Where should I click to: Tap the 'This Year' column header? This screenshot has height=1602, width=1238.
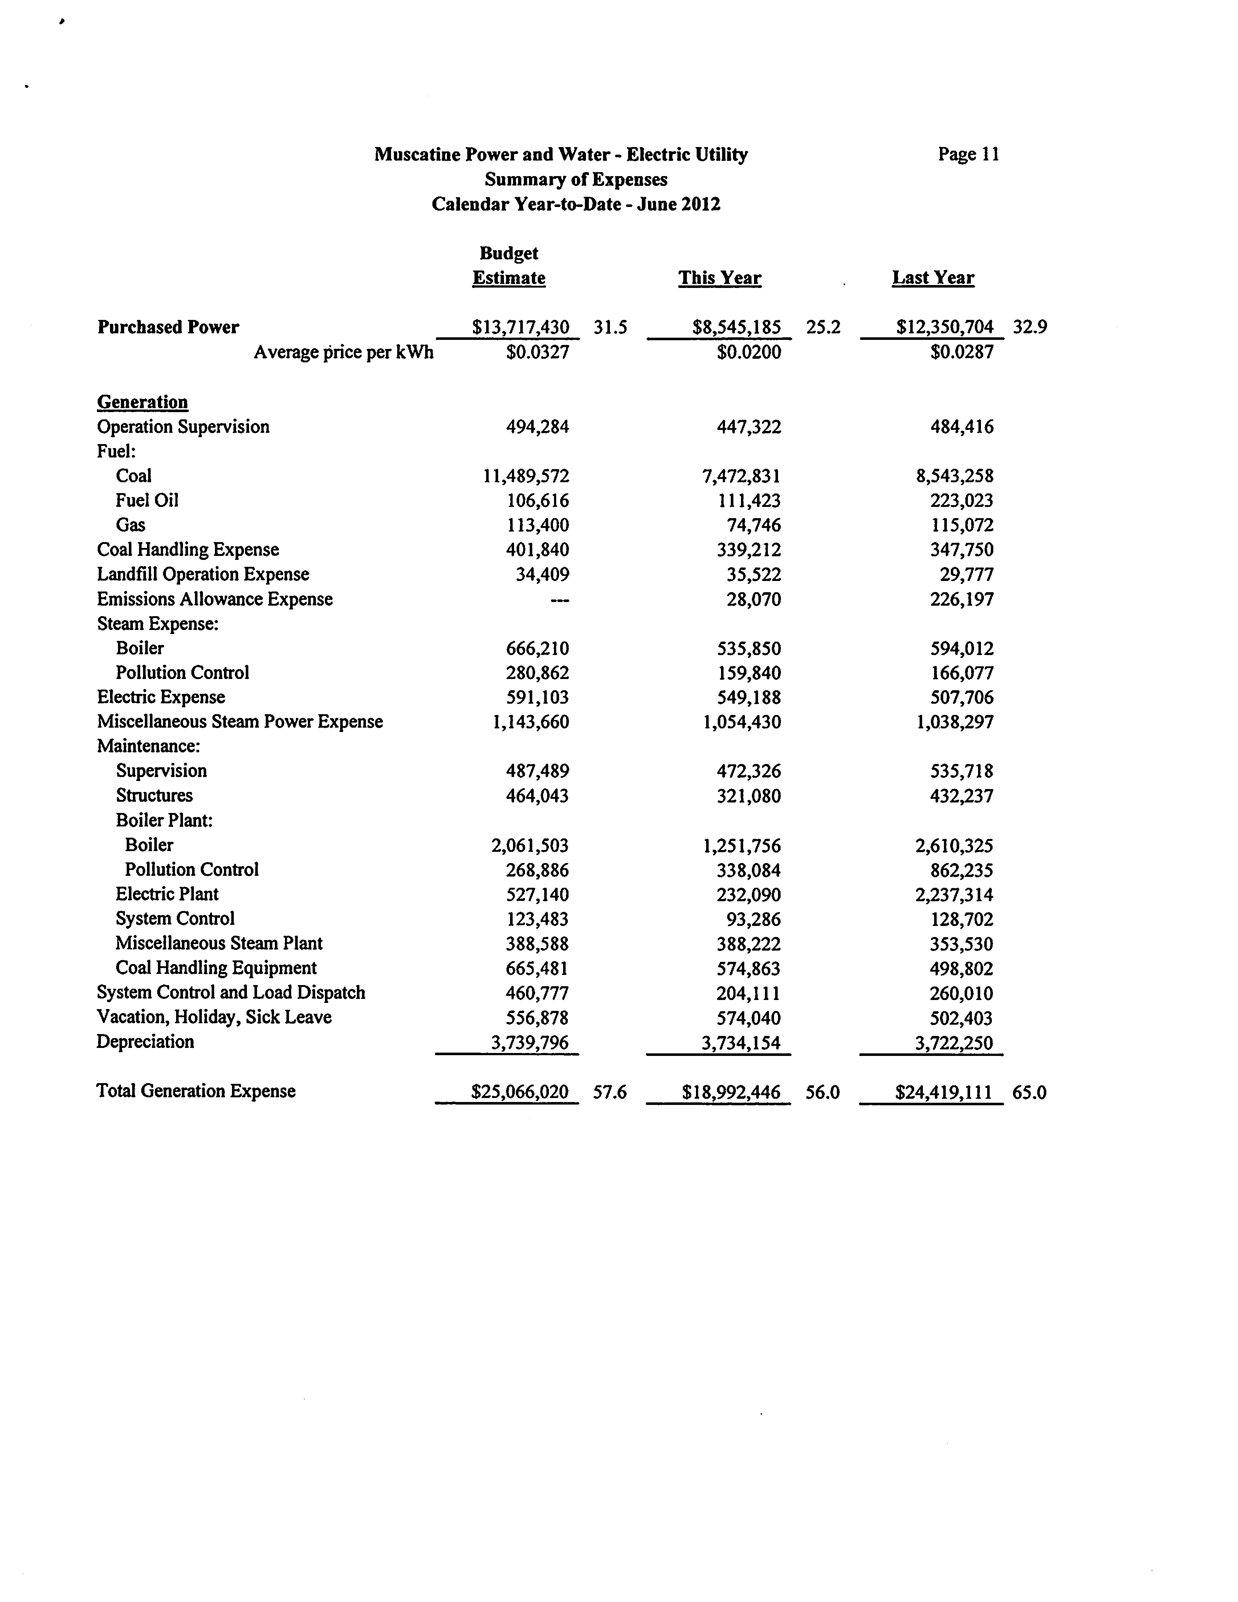point(720,278)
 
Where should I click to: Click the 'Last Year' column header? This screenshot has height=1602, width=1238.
point(933,278)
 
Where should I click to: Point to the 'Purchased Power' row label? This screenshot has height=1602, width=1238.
point(168,327)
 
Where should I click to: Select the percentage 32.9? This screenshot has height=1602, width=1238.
point(1030,327)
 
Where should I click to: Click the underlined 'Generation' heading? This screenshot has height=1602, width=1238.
point(142,402)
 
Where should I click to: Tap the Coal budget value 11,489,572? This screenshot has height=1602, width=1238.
point(526,476)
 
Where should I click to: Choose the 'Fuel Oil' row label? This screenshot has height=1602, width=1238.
point(147,500)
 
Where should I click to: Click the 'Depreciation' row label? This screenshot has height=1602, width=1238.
point(145,1042)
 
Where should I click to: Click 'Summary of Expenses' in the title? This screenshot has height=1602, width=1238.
point(576,180)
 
